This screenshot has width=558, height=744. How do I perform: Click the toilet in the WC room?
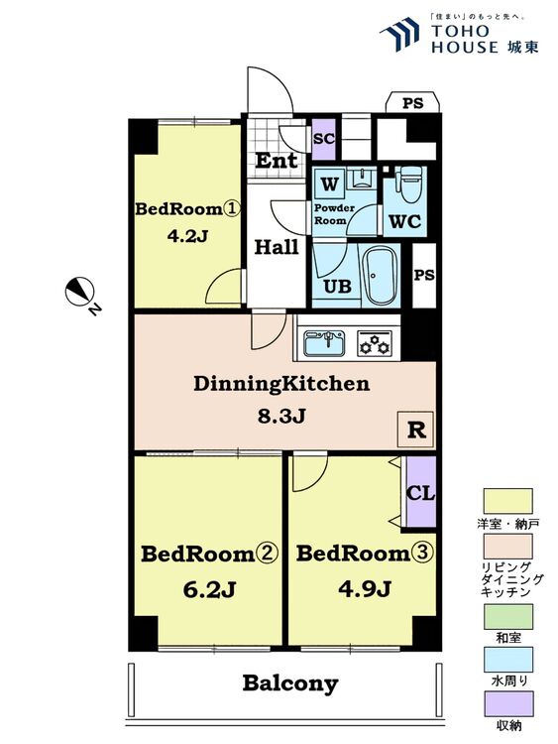[x=407, y=184]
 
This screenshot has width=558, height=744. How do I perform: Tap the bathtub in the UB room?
[x=379, y=275]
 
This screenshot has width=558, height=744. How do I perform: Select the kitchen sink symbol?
[x=324, y=342]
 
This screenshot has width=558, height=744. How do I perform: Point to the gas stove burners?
[x=376, y=343]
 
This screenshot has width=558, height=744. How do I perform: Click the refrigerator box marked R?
[x=415, y=430]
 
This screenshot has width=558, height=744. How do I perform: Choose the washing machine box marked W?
[x=329, y=185]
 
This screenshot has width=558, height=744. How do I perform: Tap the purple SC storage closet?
[x=324, y=139]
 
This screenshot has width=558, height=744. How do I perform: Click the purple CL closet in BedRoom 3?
[x=421, y=492]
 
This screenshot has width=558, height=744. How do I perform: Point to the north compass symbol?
[x=80, y=292]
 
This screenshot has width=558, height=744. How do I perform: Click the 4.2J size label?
[x=187, y=236]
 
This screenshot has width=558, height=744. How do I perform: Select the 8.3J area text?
[x=281, y=416]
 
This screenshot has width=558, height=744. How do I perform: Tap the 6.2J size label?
[x=209, y=589]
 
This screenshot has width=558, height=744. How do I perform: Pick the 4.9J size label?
[x=364, y=589]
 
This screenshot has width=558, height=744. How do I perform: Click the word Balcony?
[x=290, y=683]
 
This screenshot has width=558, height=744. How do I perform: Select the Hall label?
[x=277, y=247]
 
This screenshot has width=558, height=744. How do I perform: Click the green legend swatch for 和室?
[x=507, y=616]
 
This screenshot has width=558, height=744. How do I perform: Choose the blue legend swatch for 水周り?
[x=507, y=660]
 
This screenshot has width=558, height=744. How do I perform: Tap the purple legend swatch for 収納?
[x=507, y=703]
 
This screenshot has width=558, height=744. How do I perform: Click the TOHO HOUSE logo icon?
[x=399, y=34]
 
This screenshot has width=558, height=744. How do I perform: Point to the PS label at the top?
[x=412, y=103]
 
